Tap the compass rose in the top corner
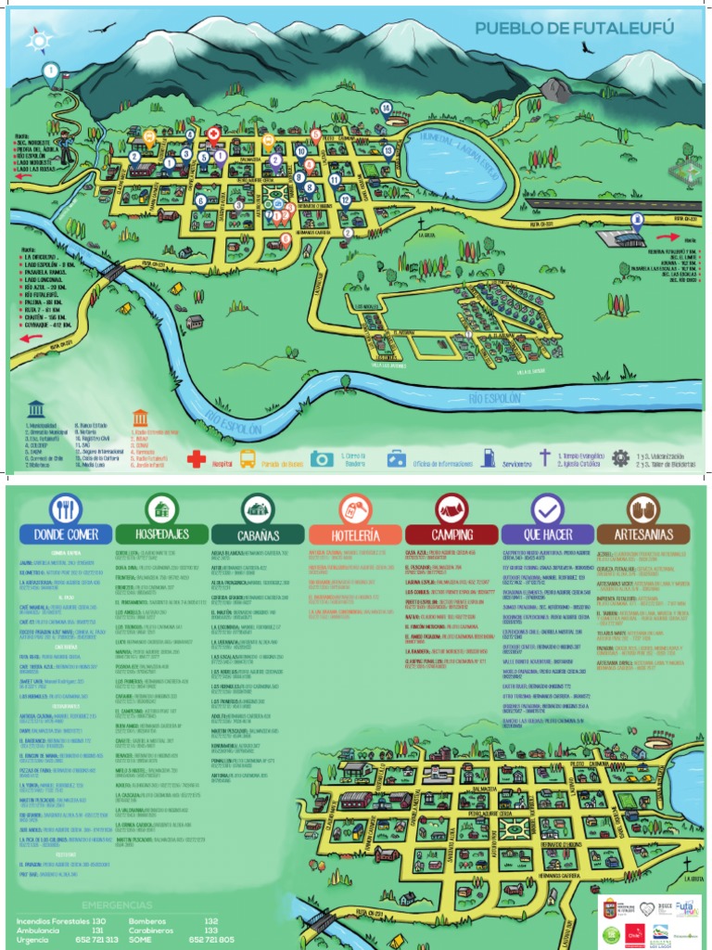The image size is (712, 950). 40,38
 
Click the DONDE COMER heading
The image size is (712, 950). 65,534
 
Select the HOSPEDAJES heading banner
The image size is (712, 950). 161,534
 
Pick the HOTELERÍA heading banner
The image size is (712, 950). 355,535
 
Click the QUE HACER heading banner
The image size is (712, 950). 547,535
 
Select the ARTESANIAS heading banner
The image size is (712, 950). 643,535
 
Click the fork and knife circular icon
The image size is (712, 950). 65,508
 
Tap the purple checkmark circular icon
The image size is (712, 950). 547,508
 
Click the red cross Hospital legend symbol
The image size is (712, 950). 197,458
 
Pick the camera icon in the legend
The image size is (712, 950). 322,458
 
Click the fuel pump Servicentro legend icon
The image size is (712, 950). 489,457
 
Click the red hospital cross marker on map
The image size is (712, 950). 213,135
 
